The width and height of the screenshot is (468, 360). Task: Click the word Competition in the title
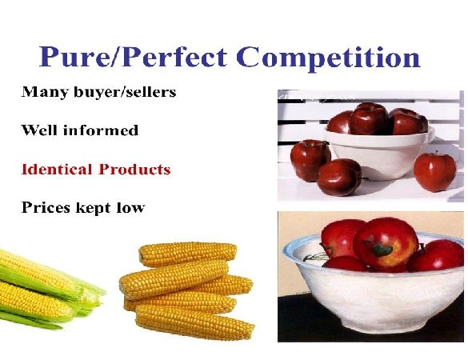point(328,57)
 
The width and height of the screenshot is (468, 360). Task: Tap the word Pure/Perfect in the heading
point(133,57)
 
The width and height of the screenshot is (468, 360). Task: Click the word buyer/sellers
point(125,92)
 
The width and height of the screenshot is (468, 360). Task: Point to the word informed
point(101,130)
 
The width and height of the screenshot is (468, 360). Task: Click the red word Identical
point(57,170)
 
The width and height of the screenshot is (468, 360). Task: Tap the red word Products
point(134,170)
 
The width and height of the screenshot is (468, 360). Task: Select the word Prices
point(46,207)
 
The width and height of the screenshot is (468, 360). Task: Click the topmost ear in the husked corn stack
point(188,254)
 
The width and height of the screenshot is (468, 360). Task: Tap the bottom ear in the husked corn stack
point(195,322)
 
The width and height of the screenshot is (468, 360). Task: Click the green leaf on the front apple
point(382,250)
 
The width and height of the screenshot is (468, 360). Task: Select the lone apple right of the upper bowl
point(435,172)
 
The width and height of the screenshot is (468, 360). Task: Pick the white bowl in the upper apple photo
point(379,152)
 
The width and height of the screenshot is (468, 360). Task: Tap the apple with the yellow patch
point(386,243)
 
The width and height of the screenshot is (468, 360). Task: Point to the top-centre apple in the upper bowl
point(369,118)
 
